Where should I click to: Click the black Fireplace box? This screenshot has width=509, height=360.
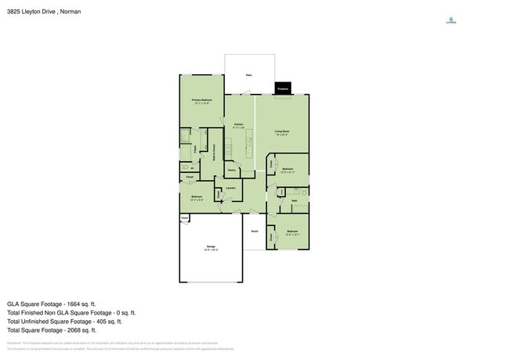[x=283, y=88]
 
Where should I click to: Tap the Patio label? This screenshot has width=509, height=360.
[x=249, y=75]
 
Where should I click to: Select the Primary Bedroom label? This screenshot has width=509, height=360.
[x=202, y=101]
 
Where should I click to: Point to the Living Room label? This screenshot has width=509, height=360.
[x=282, y=131]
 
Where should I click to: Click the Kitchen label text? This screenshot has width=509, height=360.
[x=239, y=124]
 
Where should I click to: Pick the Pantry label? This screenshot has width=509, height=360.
[x=232, y=170]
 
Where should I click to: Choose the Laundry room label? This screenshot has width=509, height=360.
[x=230, y=188]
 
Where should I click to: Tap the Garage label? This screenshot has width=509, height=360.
[x=211, y=247]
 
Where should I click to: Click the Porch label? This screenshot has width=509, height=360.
[x=254, y=232]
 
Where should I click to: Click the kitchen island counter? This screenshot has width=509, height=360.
[x=250, y=142]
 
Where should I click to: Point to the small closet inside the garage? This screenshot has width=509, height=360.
[x=185, y=218]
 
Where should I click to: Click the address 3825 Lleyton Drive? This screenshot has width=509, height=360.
[x=43, y=12]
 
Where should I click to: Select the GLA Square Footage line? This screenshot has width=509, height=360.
[x=52, y=304]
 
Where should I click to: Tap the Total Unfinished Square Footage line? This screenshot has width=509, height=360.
[x=64, y=321]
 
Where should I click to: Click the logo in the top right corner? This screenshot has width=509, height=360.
[x=450, y=20]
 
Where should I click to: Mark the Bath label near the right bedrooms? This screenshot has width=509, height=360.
[x=294, y=201]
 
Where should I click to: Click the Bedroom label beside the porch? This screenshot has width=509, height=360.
[x=292, y=232]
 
